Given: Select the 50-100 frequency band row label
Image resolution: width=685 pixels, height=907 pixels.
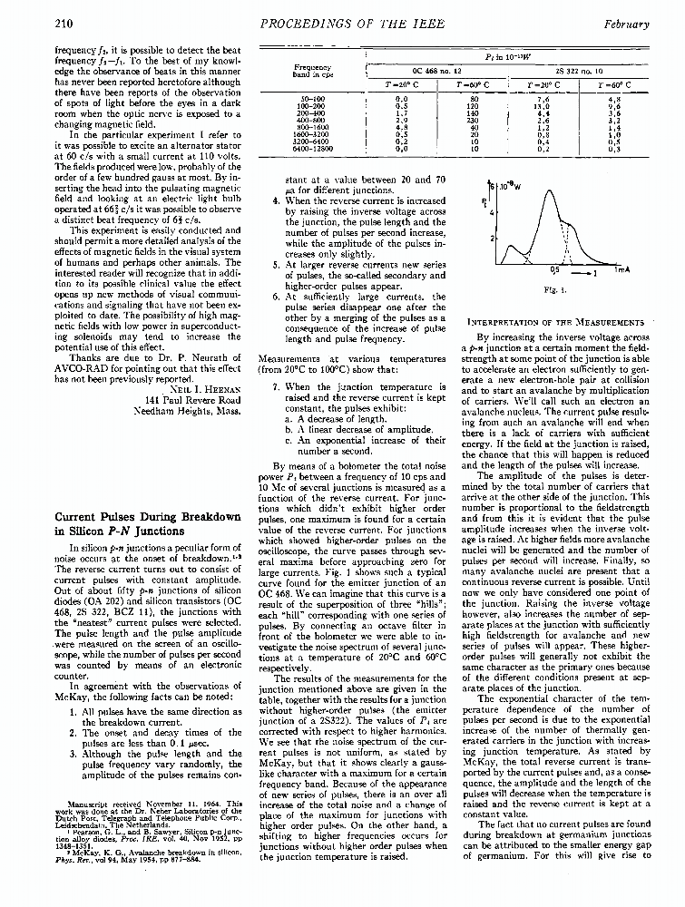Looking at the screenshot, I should tap(313, 97).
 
